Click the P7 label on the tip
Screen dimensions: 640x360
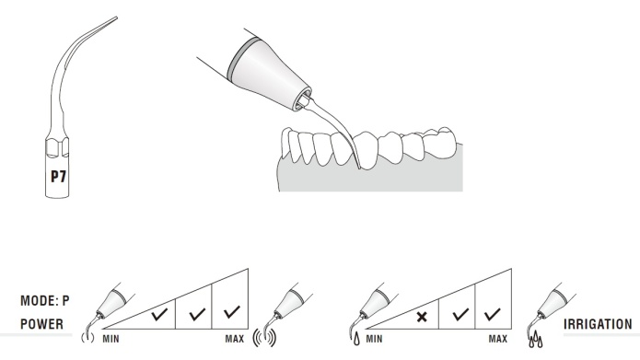[x=58, y=177]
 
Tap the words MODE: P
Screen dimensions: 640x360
[x=45, y=301]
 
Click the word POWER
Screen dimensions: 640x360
[x=42, y=324]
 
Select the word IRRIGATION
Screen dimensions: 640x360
[x=598, y=324]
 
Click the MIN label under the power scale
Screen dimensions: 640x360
[x=111, y=339]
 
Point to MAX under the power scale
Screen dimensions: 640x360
[x=235, y=339]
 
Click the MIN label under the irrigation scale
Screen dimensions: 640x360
[x=374, y=339]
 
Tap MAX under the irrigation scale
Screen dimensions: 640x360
[x=498, y=339]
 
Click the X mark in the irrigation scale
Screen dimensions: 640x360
[x=422, y=317]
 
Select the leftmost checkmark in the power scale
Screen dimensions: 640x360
[x=159, y=314]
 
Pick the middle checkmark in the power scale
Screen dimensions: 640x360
[x=198, y=313]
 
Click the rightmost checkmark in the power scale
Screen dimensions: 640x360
[x=232, y=312]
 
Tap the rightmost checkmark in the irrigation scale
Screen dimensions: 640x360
[x=493, y=313]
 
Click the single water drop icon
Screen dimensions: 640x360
[x=356, y=339]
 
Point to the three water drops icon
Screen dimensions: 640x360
[x=536, y=339]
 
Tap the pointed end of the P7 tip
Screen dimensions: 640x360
[x=117, y=17]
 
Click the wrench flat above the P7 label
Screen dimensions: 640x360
[x=57, y=147]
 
